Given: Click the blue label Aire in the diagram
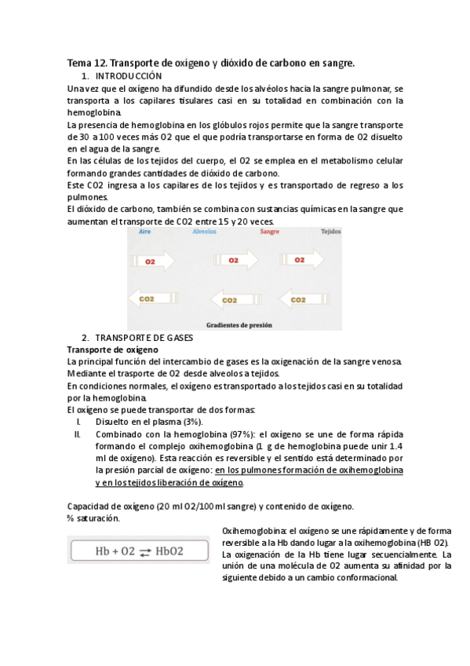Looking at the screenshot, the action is pos(145,233).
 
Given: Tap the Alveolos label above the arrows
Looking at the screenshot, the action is pos(205,233).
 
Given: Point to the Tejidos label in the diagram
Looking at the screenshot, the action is pos(330,233).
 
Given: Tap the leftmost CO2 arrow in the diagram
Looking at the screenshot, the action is pos(152,299).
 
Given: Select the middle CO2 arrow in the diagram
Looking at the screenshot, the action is pos(232,300).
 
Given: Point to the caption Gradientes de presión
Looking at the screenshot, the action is pos(235,323).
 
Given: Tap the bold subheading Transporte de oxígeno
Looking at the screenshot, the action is pos(113,349).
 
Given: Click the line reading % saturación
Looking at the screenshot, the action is pos(93,518).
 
